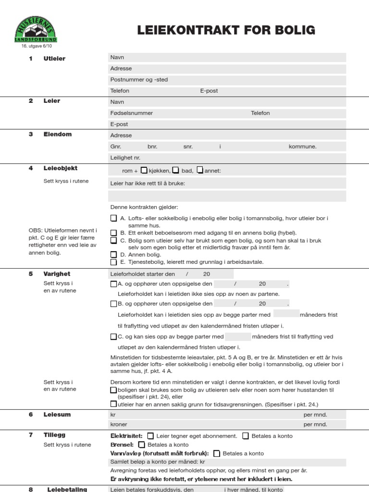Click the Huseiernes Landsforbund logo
coord(35,29)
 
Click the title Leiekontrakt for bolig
coord(226,30)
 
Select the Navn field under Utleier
coord(227,58)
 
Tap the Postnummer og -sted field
coord(227,80)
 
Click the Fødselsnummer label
coord(132,113)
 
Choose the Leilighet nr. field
coord(227,158)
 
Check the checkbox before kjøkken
coord(144,170)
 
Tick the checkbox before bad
coord(176,170)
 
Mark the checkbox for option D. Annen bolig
coord(113,254)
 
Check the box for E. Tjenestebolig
coord(113,262)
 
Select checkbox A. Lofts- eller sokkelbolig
coord(113,218)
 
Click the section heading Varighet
coord(57,274)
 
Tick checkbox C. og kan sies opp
coord(113,337)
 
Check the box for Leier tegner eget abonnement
coord(151,436)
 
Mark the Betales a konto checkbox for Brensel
coord(141,444)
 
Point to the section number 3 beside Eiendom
coord(31,135)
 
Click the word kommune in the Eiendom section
coord(302,147)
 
